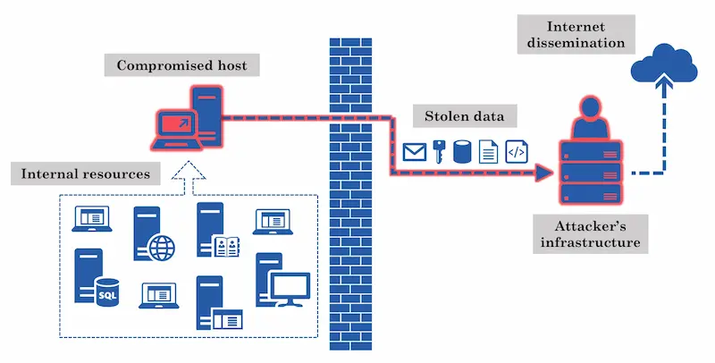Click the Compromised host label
point(182,64)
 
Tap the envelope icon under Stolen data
point(414,152)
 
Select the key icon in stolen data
point(439,151)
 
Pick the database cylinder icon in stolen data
point(463,151)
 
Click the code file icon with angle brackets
point(517,151)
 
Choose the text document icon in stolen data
point(489,151)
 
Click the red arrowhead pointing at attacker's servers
point(543,173)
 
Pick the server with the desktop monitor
point(281,282)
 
